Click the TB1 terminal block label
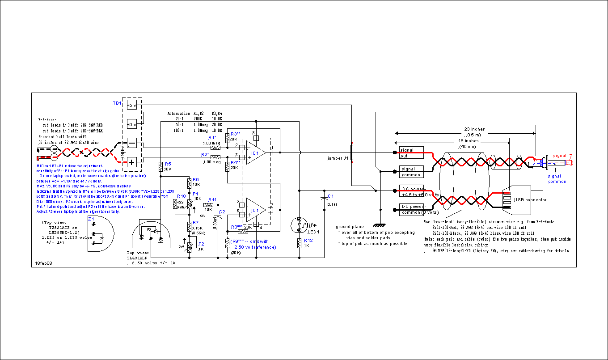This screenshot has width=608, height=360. (x=117, y=103)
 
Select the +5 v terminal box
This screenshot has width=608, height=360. (x=131, y=105)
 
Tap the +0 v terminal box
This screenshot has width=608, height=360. (x=131, y=124)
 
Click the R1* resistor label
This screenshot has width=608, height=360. (x=212, y=137)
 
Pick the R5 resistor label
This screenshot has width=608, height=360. (x=168, y=164)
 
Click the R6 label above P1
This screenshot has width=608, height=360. (x=195, y=179)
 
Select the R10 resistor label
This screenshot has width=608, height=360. (x=182, y=196)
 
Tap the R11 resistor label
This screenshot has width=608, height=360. (x=212, y=200)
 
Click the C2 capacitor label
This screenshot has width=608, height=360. (x=222, y=211)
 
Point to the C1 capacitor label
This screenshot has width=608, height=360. (x=330, y=196)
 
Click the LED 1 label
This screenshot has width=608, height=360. (x=313, y=232)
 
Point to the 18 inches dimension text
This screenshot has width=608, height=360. (x=468, y=141)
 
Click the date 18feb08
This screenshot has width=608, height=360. (x=43, y=264)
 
